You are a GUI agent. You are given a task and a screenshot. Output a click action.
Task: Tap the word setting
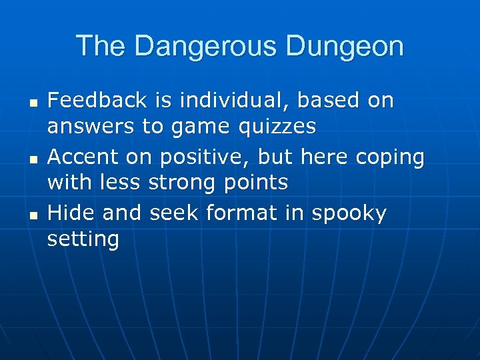[83, 239]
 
